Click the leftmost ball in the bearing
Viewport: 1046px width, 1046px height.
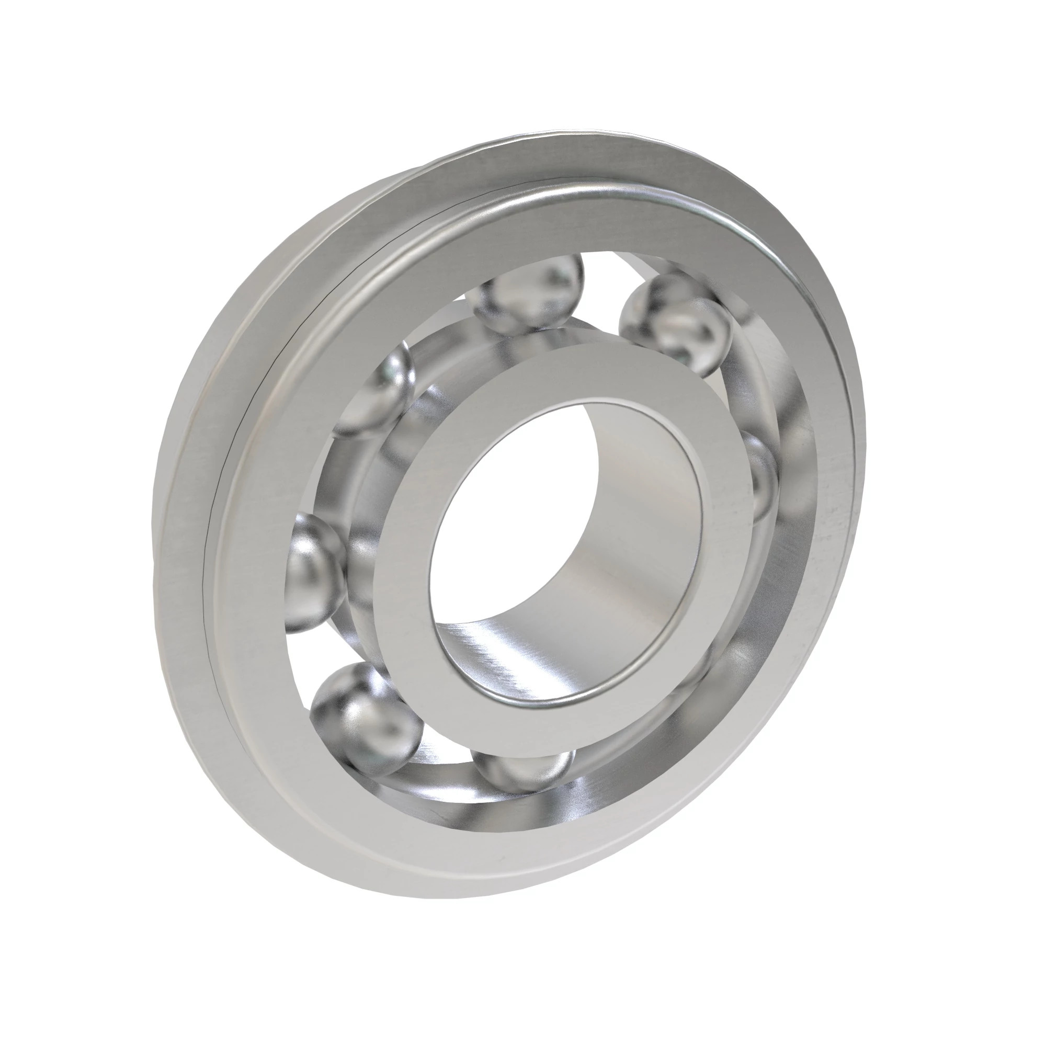click(314, 571)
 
